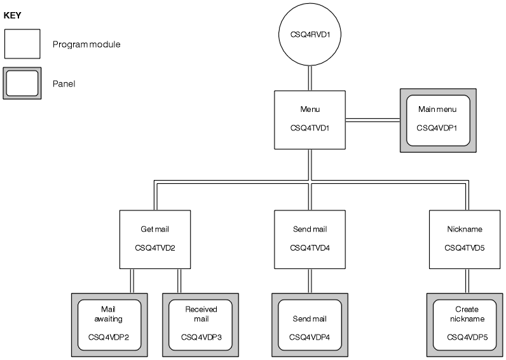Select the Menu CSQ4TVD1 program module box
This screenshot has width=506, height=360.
point(310,120)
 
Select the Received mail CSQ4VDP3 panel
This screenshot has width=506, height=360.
point(201,325)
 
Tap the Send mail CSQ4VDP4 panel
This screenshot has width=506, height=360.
point(310,325)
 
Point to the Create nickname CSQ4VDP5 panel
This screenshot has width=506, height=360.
point(465,325)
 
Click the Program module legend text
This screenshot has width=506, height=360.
point(86,45)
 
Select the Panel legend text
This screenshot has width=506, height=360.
point(64,83)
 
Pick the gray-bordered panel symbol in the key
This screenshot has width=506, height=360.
point(22,83)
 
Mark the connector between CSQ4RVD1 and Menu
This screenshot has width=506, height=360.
point(310,77)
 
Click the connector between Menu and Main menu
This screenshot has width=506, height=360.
point(372,119)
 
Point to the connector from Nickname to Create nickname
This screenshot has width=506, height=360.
point(465,280)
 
